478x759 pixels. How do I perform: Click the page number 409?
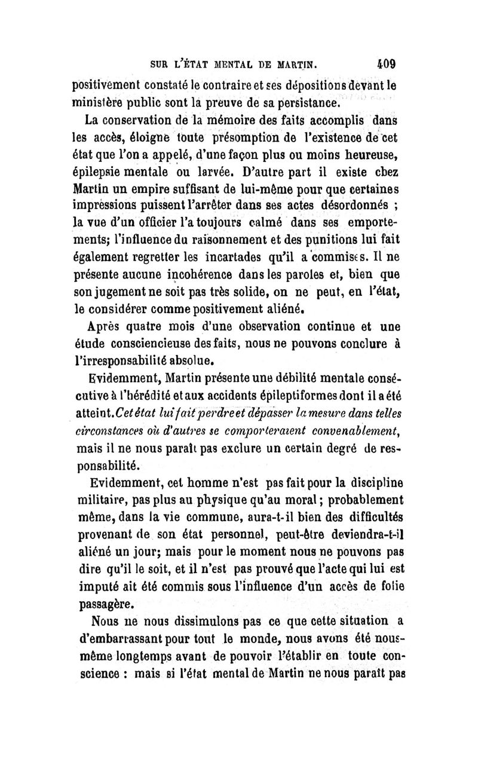point(387,62)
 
